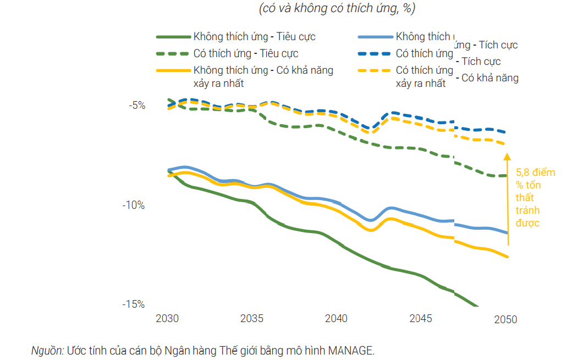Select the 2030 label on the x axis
(167, 319)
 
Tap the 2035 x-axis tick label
(251, 319)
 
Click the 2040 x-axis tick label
(336, 319)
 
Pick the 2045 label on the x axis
(421, 319)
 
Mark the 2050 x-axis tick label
(505, 320)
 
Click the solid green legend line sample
(173, 37)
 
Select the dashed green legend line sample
(173, 54)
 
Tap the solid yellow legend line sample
(173, 70)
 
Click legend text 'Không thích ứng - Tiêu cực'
(254, 37)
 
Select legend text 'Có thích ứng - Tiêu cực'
(246, 54)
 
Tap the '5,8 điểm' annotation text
(535, 172)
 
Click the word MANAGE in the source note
(350, 350)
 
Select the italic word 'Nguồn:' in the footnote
(47, 350)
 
